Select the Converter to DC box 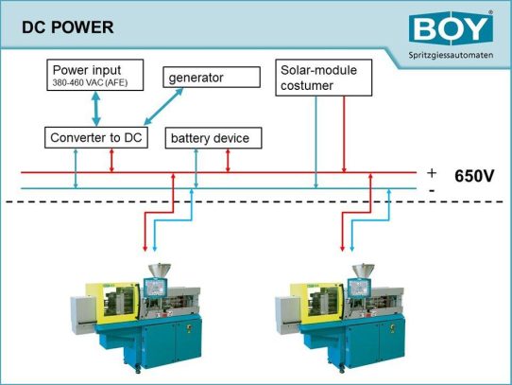[97, 138]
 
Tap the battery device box [210, 138]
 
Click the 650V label [475, 177]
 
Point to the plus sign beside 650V [433, 172]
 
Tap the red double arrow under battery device [228, 160]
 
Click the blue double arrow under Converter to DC [77, 167]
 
